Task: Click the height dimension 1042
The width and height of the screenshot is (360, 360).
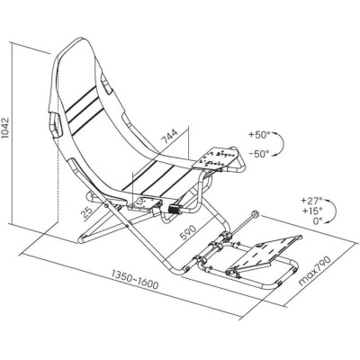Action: (x=5, y=128)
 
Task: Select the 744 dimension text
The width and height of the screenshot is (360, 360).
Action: (x=170, y=136)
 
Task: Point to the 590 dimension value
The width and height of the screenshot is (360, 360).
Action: (x=188, y=232)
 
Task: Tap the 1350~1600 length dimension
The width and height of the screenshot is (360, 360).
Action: (x=135, y=280)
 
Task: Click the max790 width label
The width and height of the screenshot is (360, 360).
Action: (x=315, y=271)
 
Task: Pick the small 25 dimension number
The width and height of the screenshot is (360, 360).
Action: (x=87, y=212)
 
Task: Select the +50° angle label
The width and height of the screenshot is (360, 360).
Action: (x=257, y=135)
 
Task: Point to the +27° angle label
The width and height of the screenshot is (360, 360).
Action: (x=312, y=200)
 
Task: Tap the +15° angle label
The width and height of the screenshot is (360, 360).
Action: (x=312, y=211)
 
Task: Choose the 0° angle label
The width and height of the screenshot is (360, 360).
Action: (x=318, y=221)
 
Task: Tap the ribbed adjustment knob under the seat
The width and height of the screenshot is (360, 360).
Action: (x=174, y=209)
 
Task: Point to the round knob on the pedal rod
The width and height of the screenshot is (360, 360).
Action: (x=256, y=214)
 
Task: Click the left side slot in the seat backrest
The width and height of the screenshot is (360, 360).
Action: (x=54, y=124)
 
